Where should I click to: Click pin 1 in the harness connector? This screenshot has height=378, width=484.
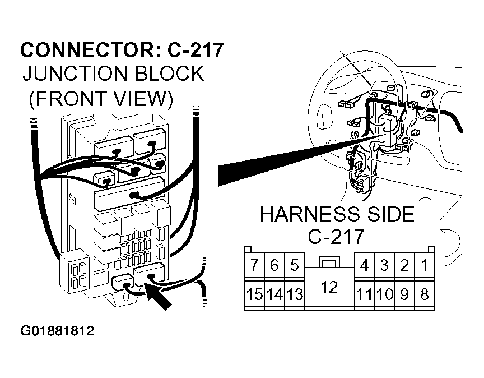[425, 265]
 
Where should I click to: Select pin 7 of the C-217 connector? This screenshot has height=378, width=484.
[254, 265]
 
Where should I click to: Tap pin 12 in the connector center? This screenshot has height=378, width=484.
[329, 288]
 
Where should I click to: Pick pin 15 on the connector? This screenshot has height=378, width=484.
[254, 294]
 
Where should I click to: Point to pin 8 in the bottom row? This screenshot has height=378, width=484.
[425, 294]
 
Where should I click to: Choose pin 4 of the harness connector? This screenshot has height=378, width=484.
[364, 265]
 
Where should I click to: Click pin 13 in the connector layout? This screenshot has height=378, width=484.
[295, 294]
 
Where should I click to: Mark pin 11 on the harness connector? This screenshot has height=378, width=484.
[364, 294]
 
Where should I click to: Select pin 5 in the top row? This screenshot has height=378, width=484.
[295, 265]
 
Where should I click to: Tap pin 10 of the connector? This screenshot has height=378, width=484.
[384, 294]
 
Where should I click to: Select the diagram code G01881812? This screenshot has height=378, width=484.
[57, 331]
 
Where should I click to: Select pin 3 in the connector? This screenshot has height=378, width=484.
[384, 265]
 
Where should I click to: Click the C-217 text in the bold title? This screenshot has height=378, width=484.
[196, 50]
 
